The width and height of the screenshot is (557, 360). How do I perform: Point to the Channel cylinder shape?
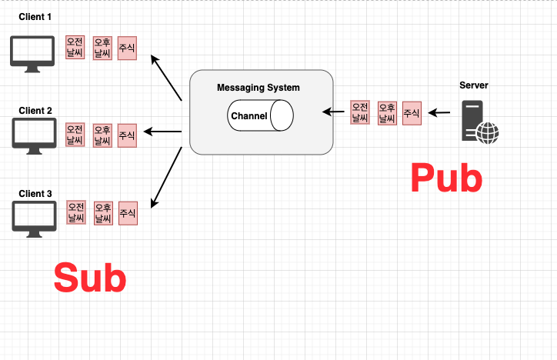pyautogui.click(x=261, y=116)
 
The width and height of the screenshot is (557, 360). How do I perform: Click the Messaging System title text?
pyautogui.click(x=258, y=88)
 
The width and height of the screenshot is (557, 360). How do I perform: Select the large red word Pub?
pyautogui.click(x=446, y=178)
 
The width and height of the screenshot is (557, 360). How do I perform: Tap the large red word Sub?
pyautogui.click(x=89, y=278)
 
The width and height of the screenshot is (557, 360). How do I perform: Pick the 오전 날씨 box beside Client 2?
pyautogui.click(x=75, y=135)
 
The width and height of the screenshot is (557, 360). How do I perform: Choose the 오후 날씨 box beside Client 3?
pyautogui.click(x=103, y=213)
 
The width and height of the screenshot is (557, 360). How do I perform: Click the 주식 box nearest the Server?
pyautogui.click(x=412, y=113)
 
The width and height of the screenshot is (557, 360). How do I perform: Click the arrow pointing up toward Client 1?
pyautogui.click(x=165, y=78)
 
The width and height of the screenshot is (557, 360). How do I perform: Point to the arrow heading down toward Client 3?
pyautogui.click(x=165, y=177)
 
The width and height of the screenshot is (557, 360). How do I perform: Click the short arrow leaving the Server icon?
pyautogui.click(x=439, y=113)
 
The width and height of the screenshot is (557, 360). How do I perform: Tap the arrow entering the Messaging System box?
pyautogui.click(x=333, y=112)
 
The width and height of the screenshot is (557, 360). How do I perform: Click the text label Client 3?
pyautogui.click(x=35, y=194)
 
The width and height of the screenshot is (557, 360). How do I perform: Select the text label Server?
pyautogui.click(x=473, y=85)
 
